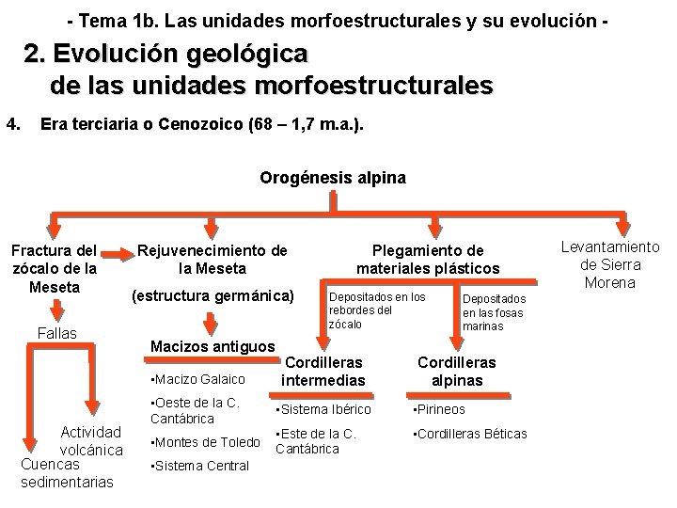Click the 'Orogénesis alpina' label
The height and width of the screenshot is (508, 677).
click(x=333, y=176)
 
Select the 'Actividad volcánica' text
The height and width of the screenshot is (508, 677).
click(x=90, y=440)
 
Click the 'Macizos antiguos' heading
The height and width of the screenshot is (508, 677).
click(x=213, y=346)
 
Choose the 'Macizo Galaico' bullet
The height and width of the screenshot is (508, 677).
click(x=197, y=379)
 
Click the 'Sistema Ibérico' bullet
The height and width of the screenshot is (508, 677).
click(x=322, y=409)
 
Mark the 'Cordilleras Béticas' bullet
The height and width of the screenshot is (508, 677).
click(x=470, y=433)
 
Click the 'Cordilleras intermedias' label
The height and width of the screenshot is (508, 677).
click(x=323, y=371)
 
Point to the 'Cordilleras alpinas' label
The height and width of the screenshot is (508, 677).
click(x=456, y=371)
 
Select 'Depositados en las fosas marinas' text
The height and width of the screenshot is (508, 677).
click(x=496, y=311)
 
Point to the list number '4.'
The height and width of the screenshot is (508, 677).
click(x=13, y=124)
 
